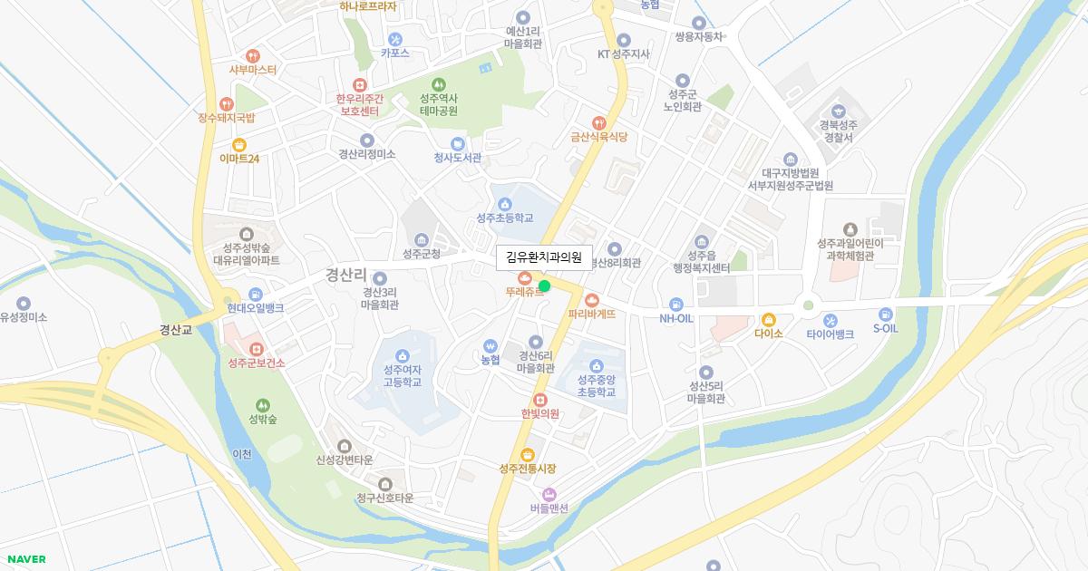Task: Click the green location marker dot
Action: pyautogui.click(x=544, y=286)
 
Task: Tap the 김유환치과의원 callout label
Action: pyautogui.click(x=543, y=257)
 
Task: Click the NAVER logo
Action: pyautogui.click(x=26, y=559)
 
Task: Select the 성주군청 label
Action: pyautogui.click(x=421, y=254)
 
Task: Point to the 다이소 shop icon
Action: pyautogui.click(x=768, y=319)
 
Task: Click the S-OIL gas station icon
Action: pyautogui.click(x=885, y=314)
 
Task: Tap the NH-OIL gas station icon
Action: pyautogui.click(x=676, y=305)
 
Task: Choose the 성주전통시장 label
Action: pyautogui.click(x=527, y=469)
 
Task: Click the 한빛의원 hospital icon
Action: pyautogui.click(x=539, y=400)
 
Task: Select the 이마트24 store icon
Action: pyautogui.click(x=239, y=144)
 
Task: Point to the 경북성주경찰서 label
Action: pyautogui.click(x=836, y=131)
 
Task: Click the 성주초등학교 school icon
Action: pyautogui.click(x=505, y=204)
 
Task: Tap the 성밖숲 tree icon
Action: pyautogui.click(x=263, y=405)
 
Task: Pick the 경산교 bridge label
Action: pyautogui.click(x=176, y=330)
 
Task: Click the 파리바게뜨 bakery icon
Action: pyautogui.click(x=592, y=300)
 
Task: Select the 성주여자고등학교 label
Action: pyautogui.click(x=402, y=376)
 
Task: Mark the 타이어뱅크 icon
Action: pyautogui.click(x=831, y=320)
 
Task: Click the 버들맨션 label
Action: pyautogui.click(x=549, y=508)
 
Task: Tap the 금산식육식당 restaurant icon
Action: pyautogui.click(x=598, y=122)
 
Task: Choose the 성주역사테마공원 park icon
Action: pyautogui.click(x=439, y=84)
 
